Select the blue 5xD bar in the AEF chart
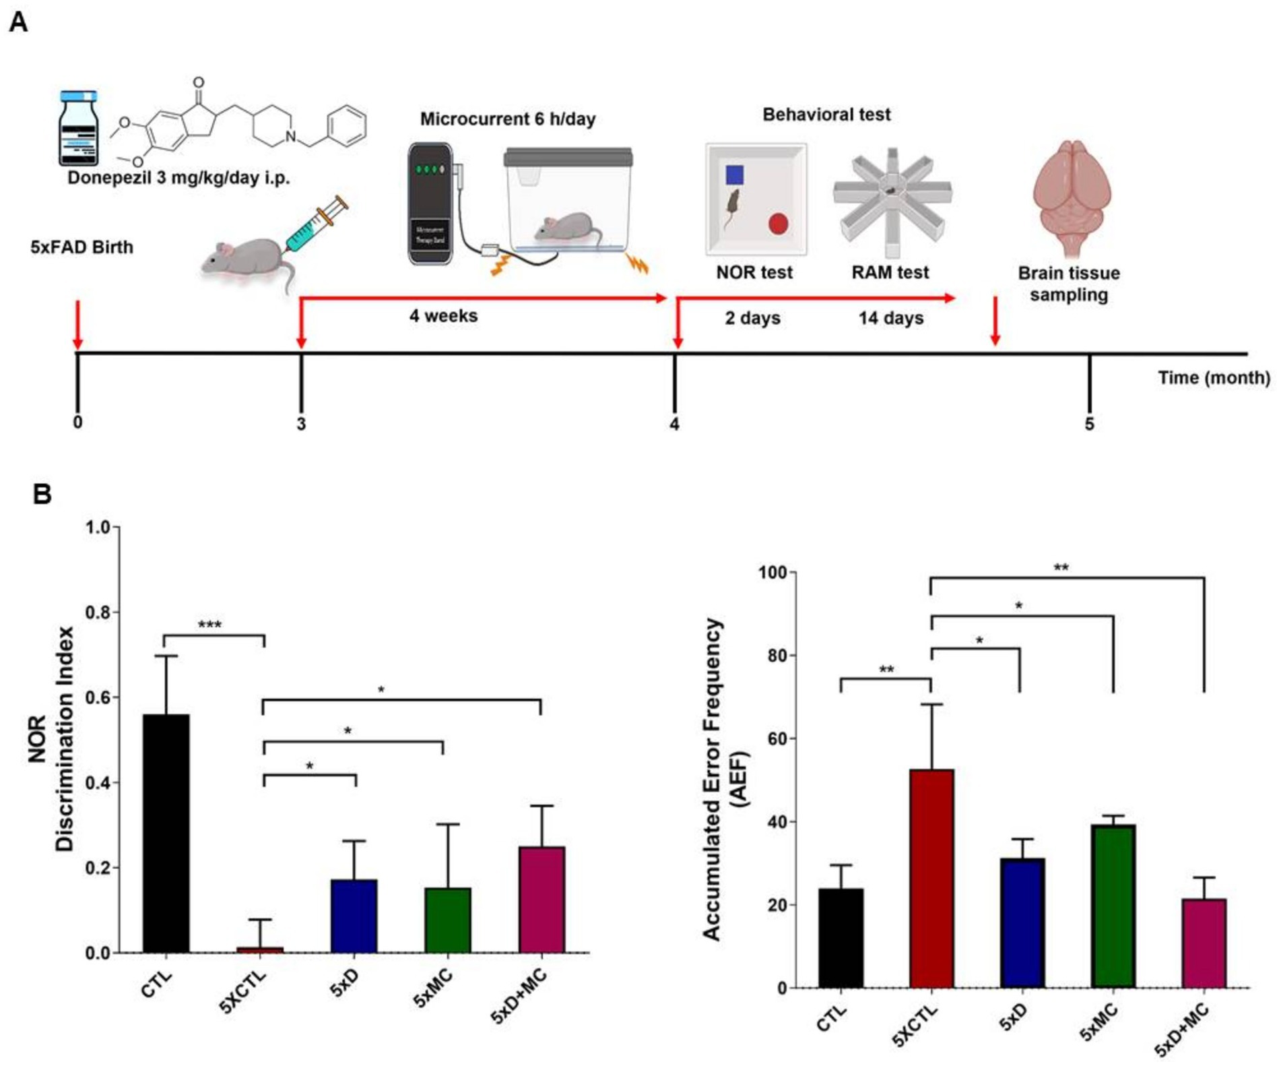pos(1022,922)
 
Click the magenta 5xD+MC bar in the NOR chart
pos(541,899)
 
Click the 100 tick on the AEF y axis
pos(773,573)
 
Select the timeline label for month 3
pos(301,424)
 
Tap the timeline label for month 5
pos(1089,424)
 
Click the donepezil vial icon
pos(79,128)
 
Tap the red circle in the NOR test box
pos(778,224)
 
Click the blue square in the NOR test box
pos(734,175)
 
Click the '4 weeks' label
pos(443,315)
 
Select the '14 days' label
pos(890,318)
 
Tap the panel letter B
pos(42,494)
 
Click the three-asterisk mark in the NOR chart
pos(209,625)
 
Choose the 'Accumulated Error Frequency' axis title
pos(713,778)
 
